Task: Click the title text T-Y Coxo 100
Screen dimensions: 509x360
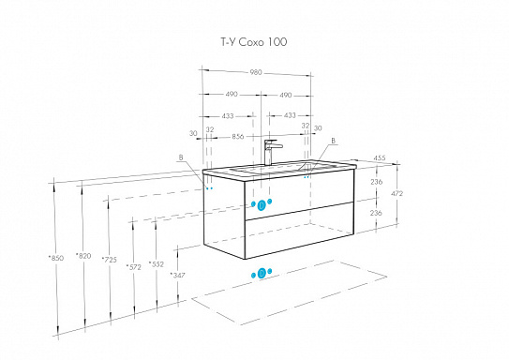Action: [x=254, y=42]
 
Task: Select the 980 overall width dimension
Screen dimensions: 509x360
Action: [x=256, y=72]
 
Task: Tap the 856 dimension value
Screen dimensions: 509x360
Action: [x=238, y=137]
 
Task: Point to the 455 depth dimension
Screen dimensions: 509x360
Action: [x=379, y=157]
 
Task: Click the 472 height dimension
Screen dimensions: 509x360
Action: [x=397, y=193]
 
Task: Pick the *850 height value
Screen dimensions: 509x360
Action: [x=56, y=259]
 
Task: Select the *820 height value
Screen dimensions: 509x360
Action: [x=83, y=256]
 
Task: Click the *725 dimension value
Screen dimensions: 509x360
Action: [x=109, y=260]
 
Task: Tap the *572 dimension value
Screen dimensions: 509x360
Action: [x=134, y=267]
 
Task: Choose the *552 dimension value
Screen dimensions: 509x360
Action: [x=157, y=264]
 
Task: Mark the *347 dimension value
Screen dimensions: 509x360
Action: [x=178, y=276]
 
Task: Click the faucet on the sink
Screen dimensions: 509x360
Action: [x=271, y=152]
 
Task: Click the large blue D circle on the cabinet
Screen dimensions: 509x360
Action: [x=262, y=205]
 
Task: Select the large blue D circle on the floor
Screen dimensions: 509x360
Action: [x=262, y=274]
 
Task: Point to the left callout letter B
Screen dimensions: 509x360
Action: [x=181, y=157]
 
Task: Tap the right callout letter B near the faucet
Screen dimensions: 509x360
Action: [x=333, y=141]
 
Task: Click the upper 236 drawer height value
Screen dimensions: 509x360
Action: [x=376, y=182]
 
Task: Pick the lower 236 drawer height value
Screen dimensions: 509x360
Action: [x=376, y=213]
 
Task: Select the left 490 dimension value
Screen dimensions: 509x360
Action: [x=232, y=94]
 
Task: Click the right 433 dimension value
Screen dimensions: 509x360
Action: [x=290, y=115]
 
